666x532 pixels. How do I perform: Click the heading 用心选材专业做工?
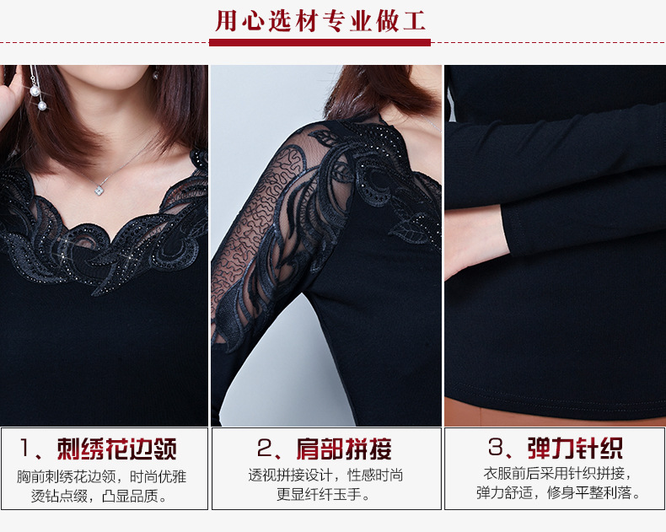(320, 21)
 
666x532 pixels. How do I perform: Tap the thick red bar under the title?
(320, 42)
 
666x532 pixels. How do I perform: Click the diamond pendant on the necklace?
(99, 191)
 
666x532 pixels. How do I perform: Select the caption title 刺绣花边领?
(117, 449)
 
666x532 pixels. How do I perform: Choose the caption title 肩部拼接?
(344, 449)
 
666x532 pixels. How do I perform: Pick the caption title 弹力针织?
(575, 448)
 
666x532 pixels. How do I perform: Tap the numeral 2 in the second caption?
(265, 448)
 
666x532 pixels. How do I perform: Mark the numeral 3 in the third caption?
(496, 447)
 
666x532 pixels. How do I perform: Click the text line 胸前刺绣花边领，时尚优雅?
(101, 476)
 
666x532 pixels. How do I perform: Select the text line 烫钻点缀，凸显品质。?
(99, 496)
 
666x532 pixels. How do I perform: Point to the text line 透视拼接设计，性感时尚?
(325, 475)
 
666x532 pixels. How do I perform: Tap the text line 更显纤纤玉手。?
(324, 494)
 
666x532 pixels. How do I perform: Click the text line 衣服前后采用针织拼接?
(557, 473)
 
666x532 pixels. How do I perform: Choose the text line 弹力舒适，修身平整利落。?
(558, 493)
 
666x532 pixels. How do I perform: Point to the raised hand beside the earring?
(11, 95)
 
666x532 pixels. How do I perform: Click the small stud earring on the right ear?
(155, 75)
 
